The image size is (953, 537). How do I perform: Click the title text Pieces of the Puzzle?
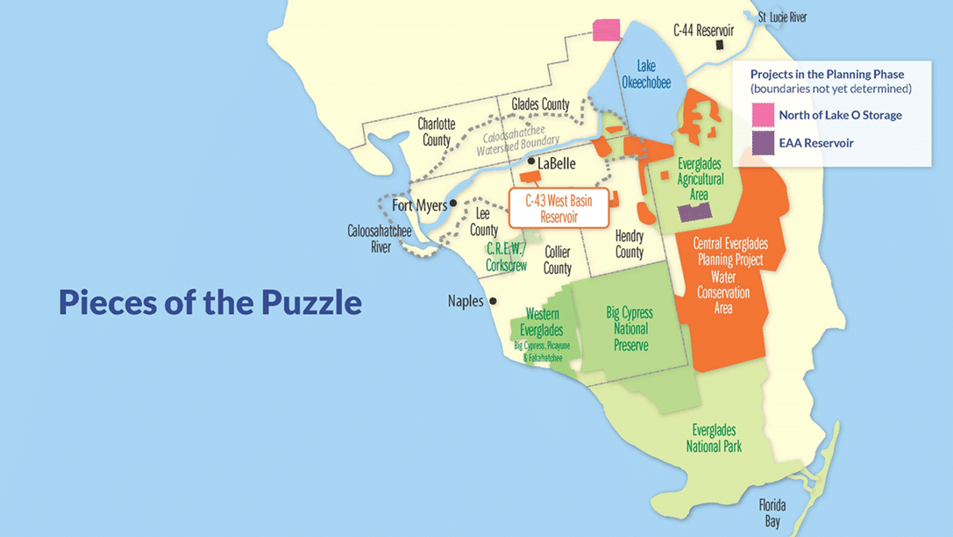[x=210, y=302]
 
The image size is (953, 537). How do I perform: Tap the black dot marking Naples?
[x=493, y=301]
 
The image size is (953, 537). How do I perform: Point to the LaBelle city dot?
[x=530, y=162]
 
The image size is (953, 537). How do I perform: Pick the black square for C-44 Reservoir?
[x=720, y=45]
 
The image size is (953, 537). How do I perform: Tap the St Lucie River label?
[x=782, y=17]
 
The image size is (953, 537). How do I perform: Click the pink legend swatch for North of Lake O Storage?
[x=763, y=115]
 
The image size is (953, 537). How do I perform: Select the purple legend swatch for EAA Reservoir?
[x=763, y=143]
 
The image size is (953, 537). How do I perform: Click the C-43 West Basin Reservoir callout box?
[x=558, y=208]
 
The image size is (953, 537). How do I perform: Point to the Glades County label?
[x=541, y=104]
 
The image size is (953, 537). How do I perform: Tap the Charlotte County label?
[x=436, y=132]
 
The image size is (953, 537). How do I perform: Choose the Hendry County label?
[x=629, y=244]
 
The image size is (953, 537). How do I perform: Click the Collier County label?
[x=558, y=260]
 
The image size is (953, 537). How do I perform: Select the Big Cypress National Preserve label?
[x=629, y=329]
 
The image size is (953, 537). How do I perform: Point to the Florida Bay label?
[x=772, y=512]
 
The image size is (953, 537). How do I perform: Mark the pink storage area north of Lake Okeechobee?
[x=606, y=30]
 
